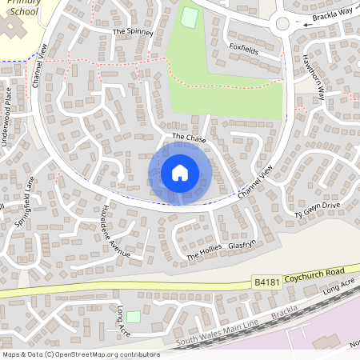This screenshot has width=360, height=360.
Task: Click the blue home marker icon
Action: click(x=180, y=173)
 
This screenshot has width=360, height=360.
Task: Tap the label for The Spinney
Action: click(x=131, y=32)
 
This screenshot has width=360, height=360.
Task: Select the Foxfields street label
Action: click(x=243, y=47)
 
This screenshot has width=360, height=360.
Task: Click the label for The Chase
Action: click(x=189, y=138)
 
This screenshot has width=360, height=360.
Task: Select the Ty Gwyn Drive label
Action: click(x=317, y=210)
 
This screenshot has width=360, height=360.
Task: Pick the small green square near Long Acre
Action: click(x=133, y=318)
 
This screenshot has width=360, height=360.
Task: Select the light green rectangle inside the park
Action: click(x=190, y=17)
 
